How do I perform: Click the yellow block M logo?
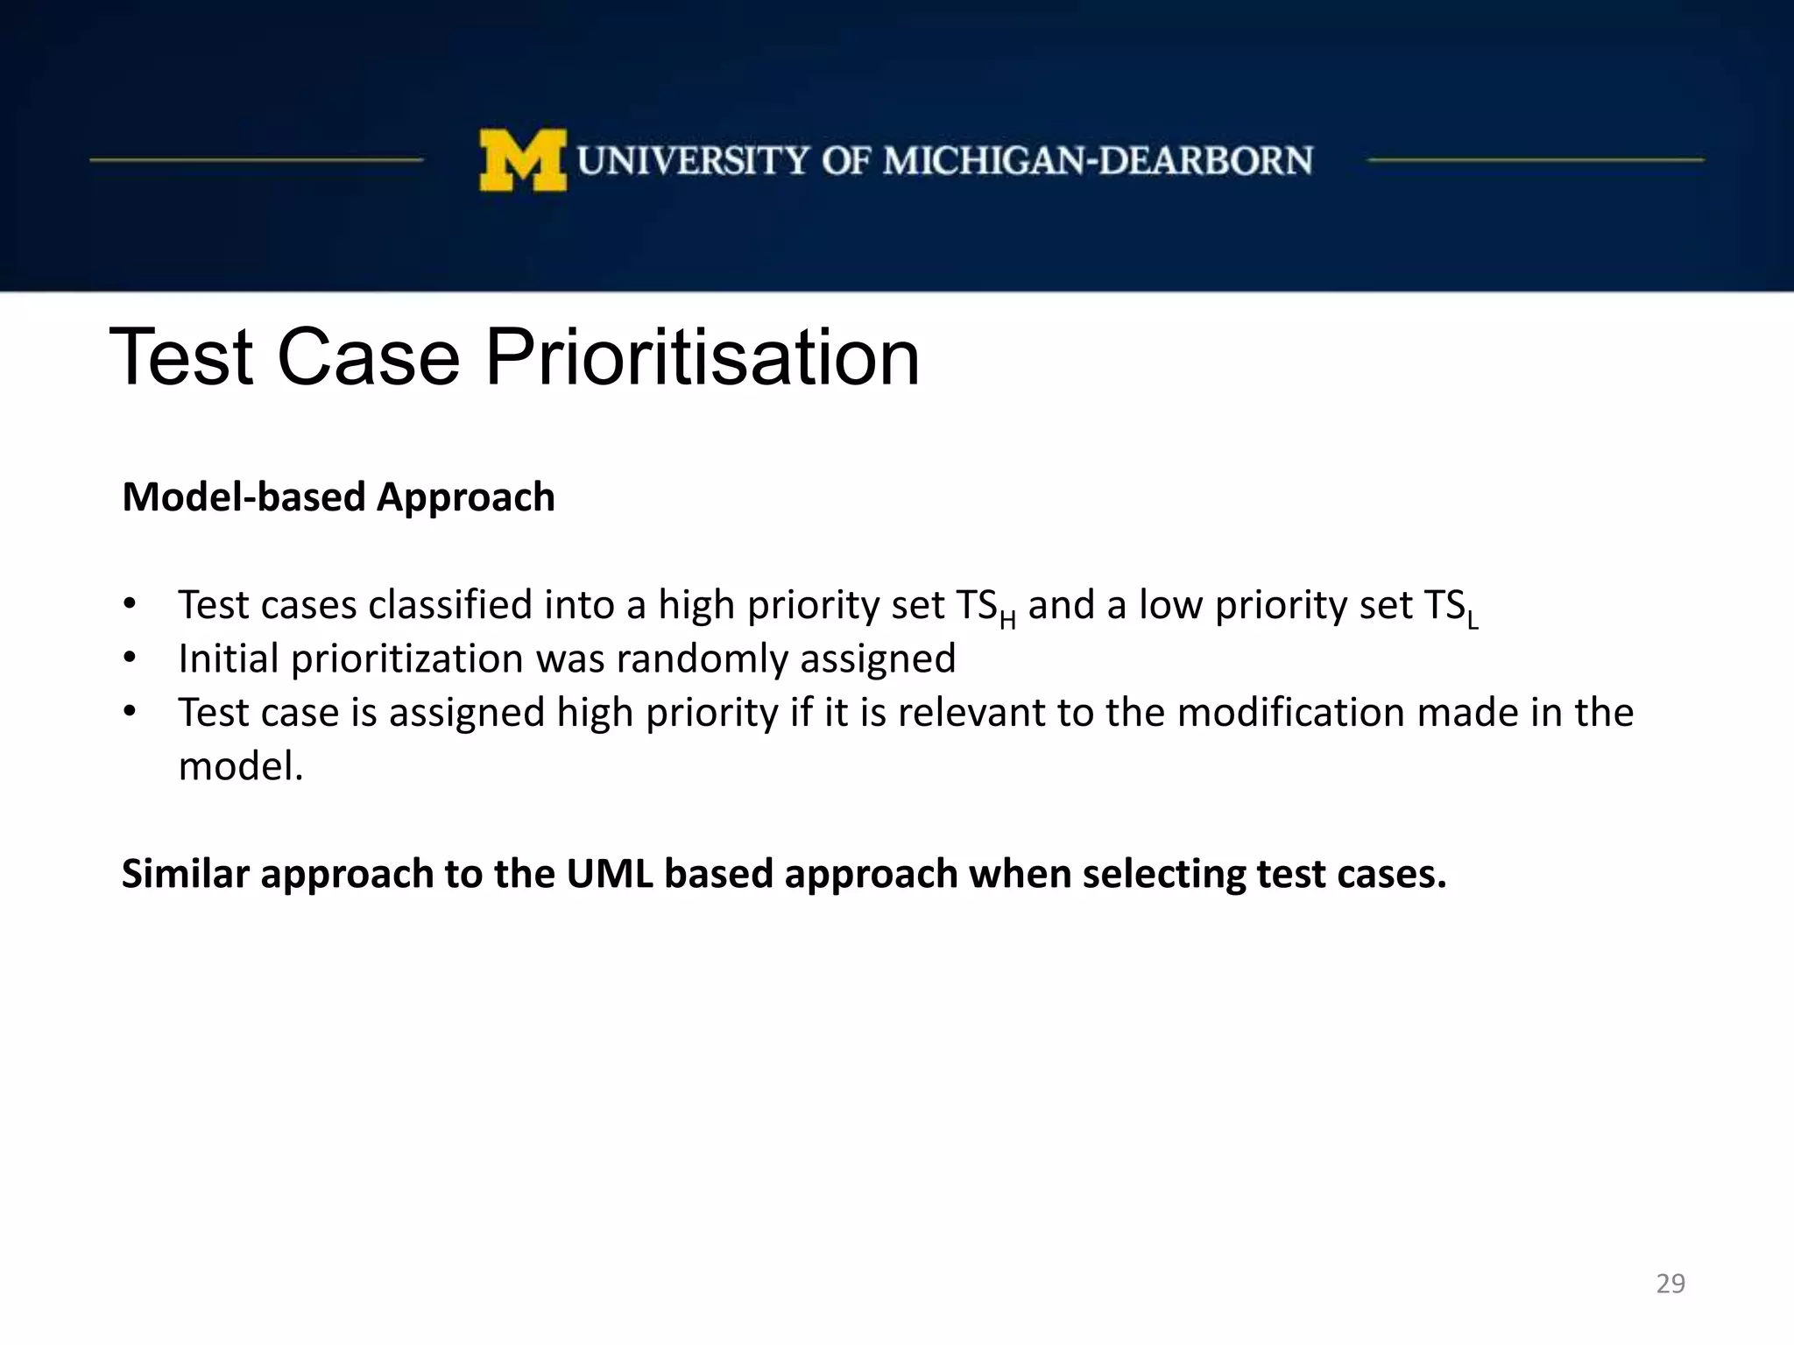(522, 160)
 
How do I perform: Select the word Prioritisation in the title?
(702, 357)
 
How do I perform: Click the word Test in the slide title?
(182, 357)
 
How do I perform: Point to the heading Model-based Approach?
(338, 497)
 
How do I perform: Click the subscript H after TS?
(1007, 621)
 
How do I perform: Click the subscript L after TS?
(1473, 621)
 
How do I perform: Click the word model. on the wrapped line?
(241, 767)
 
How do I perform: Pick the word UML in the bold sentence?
(610, 874)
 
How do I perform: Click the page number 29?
(1670, 1284)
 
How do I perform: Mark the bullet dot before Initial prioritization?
(130, 658)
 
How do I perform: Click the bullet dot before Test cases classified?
(130, 604)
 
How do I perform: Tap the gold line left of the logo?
(256, 160)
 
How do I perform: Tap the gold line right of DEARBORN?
(1535, 160)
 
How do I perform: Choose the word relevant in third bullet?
(971, 713)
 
